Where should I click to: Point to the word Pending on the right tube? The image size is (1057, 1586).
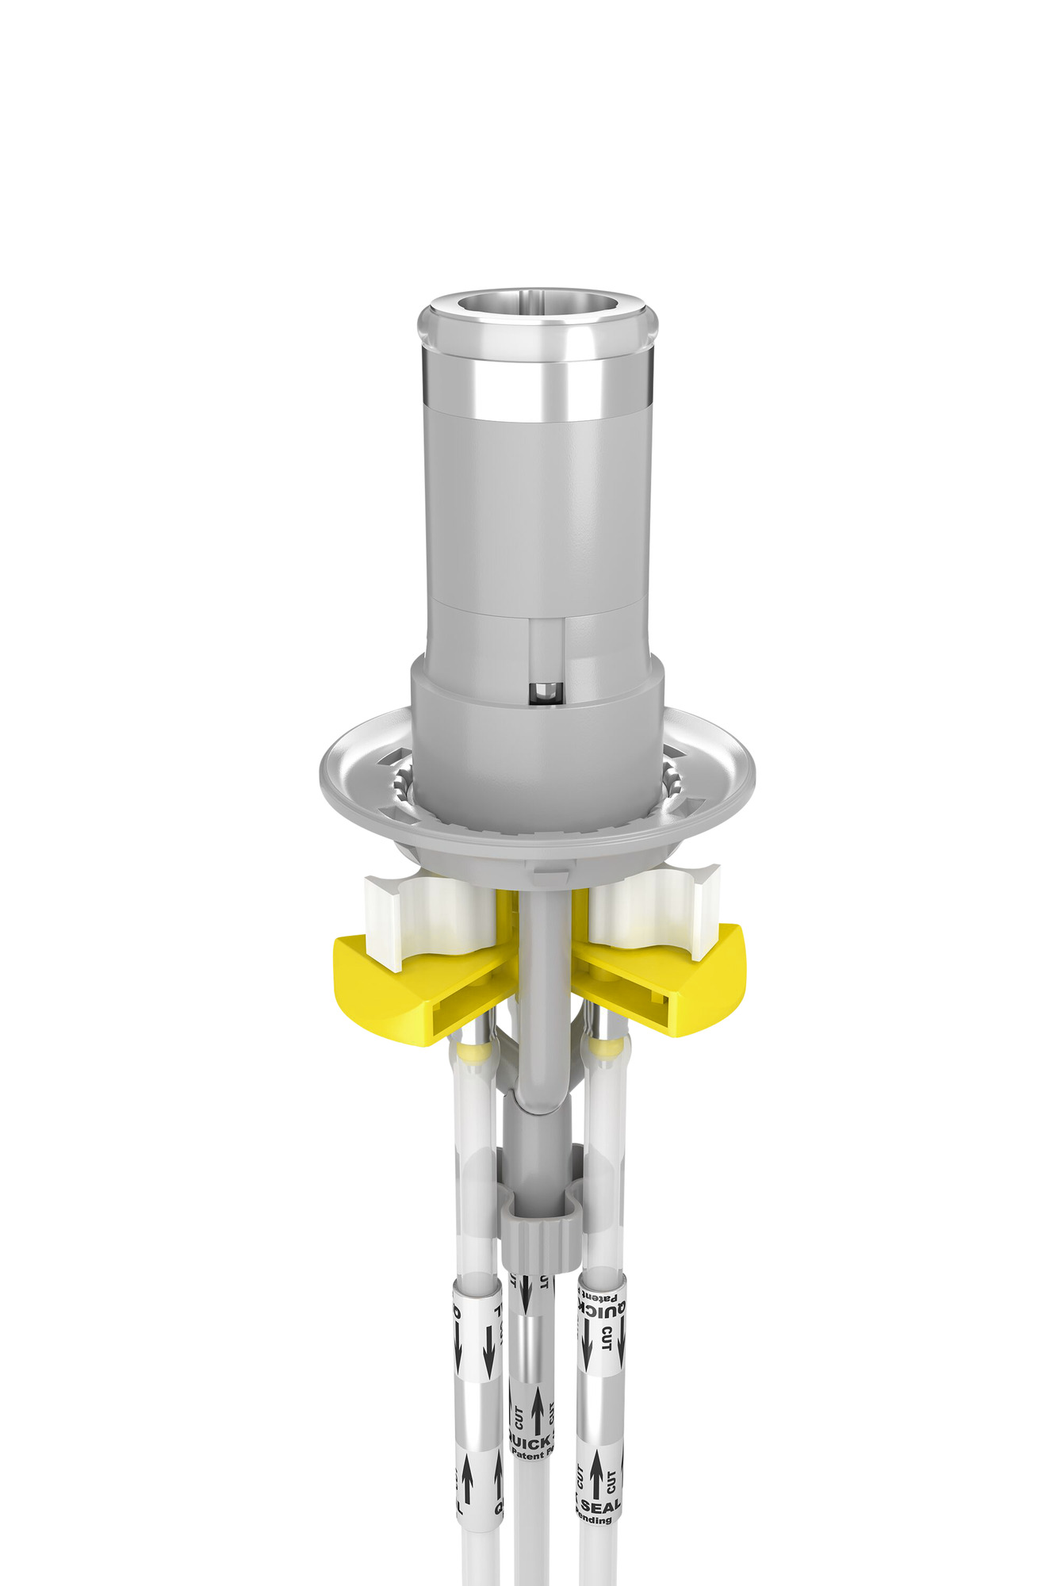tap(595, 1519)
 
